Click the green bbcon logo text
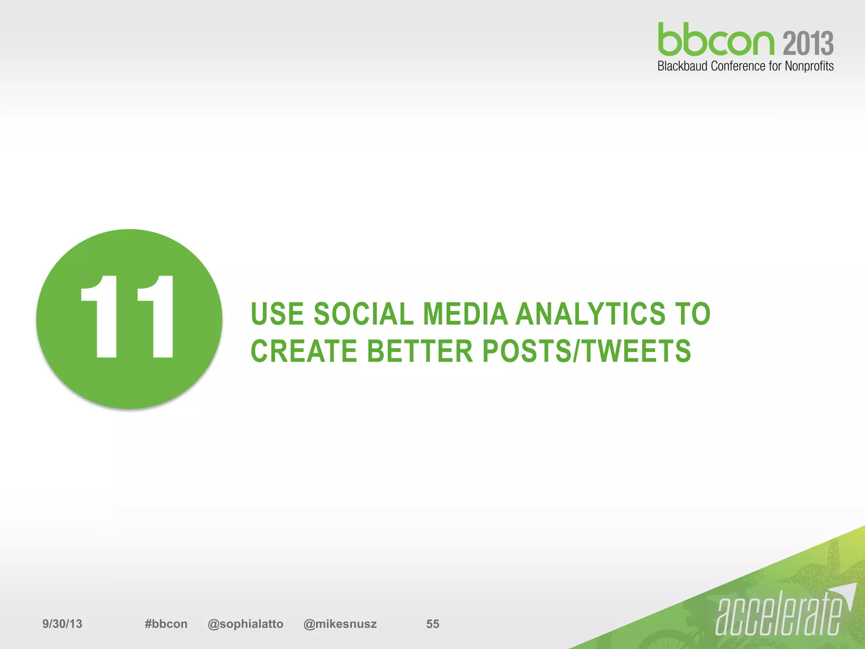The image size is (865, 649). pos(716,40)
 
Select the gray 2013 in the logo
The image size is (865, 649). pos(808,43)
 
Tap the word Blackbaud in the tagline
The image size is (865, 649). pos(683,66)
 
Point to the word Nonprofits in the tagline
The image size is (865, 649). pos(809,66)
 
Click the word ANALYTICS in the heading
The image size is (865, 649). pos(591,314)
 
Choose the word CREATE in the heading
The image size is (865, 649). pos(304,351)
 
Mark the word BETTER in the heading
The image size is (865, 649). pos(420,351)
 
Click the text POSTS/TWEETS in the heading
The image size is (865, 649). pos(586,351)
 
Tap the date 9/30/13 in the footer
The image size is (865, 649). pos(62,624)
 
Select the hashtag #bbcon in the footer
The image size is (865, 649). pos(166,624)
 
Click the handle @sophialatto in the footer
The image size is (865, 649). pos(245,624)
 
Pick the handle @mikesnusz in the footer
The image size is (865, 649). pos(340,624)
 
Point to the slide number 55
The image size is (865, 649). pos(432,624)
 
